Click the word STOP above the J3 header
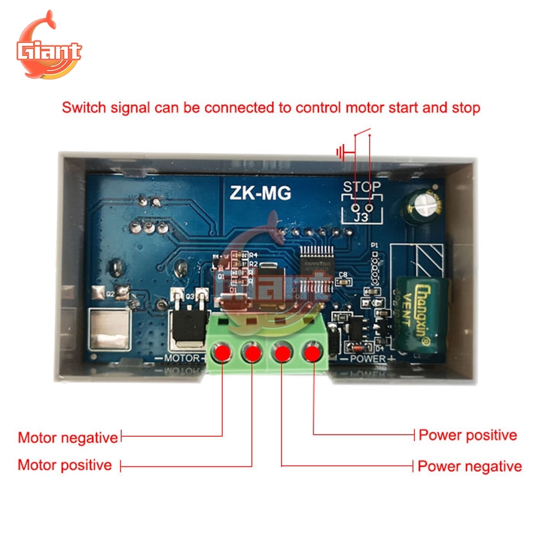point(361,187)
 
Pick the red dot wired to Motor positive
point(252,353)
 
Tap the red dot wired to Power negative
point(282,352)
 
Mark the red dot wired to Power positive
point(312,352)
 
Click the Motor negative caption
point(68,437)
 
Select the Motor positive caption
point(64,465)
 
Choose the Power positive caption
point(467,435)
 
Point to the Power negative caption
point(470,466)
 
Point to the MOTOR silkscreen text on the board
point(182,358)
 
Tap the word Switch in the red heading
point(84,107)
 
